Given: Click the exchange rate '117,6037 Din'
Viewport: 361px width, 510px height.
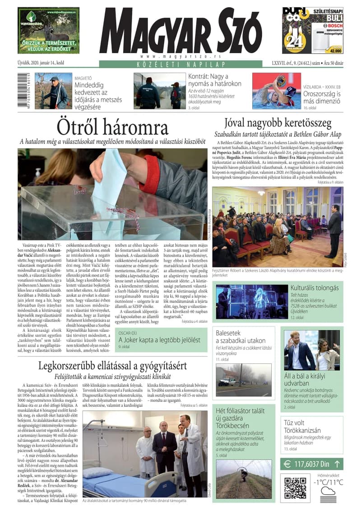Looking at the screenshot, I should tap(311, 463).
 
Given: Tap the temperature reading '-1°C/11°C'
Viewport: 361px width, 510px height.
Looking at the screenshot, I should tap(327, 482).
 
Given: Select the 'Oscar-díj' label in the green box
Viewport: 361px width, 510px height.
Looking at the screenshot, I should tap(129, 333).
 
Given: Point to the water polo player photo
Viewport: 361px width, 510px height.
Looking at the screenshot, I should tap(276, 91).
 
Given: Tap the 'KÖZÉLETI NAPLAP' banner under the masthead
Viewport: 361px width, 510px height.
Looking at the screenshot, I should tap(180, 64).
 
